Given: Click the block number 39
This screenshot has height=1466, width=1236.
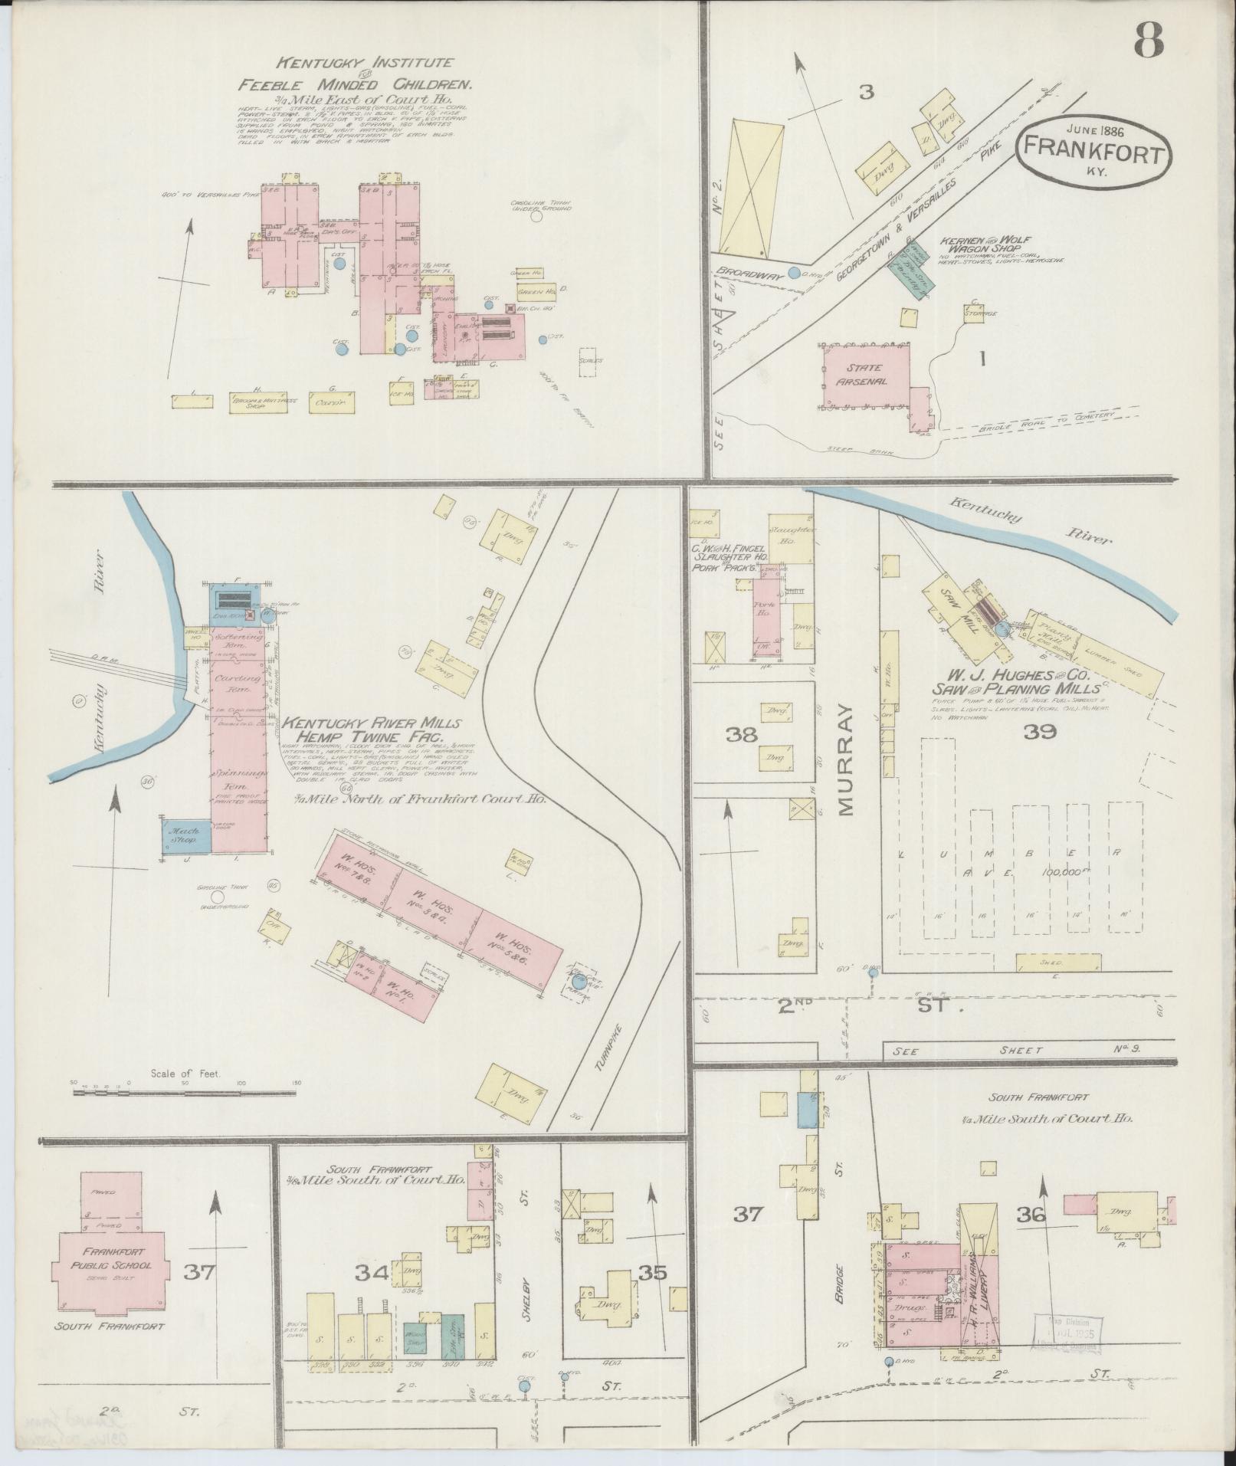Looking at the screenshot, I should point(1038,731).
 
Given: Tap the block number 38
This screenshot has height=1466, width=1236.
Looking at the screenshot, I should point(742,734).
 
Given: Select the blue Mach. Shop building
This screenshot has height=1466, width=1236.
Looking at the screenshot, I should point(185,835).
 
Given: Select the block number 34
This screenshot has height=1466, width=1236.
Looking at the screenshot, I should point(372,1273).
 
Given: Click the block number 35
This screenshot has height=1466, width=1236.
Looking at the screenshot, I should point(652,1272).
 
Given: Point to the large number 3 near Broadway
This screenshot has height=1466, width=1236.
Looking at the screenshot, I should point(866,93).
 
